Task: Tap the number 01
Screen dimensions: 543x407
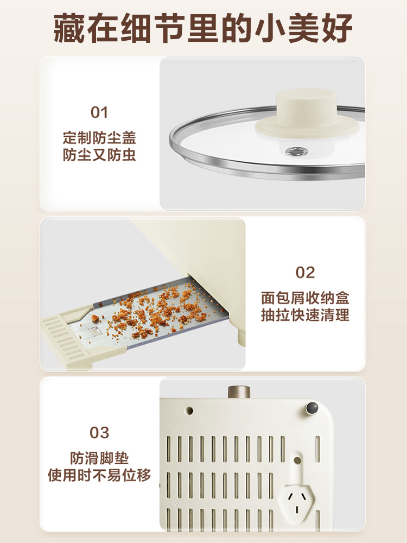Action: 99,113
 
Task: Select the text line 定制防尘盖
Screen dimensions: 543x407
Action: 99,137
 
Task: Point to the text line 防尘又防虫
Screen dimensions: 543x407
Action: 99,156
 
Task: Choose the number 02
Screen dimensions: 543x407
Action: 305,273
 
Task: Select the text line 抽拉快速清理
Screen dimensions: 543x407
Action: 305,315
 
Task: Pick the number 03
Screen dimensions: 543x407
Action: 99,433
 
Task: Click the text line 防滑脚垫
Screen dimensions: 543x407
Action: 99,458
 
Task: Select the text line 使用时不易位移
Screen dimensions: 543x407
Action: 99,476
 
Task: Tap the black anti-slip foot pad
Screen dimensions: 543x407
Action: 311,408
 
